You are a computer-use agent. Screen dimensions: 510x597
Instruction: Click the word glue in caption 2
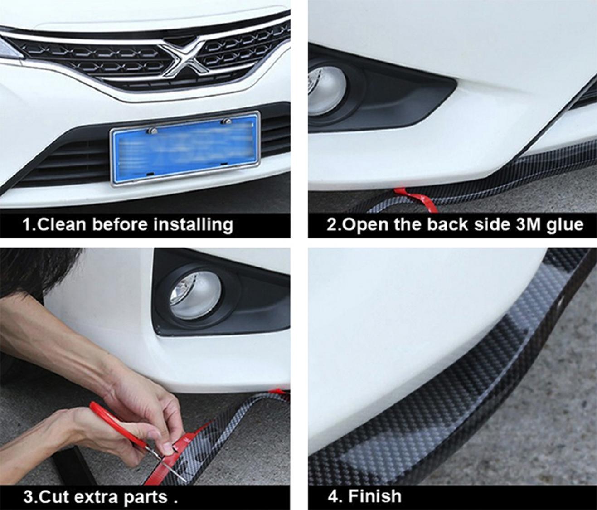565,225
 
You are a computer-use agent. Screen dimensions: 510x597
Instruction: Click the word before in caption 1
120,225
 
